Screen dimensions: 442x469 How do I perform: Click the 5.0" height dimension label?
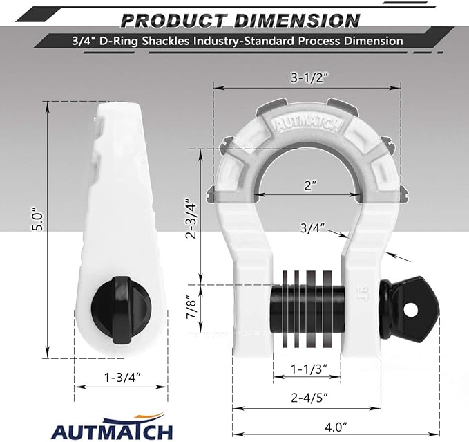(41, 219)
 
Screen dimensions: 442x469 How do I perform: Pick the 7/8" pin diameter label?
(195, 308)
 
